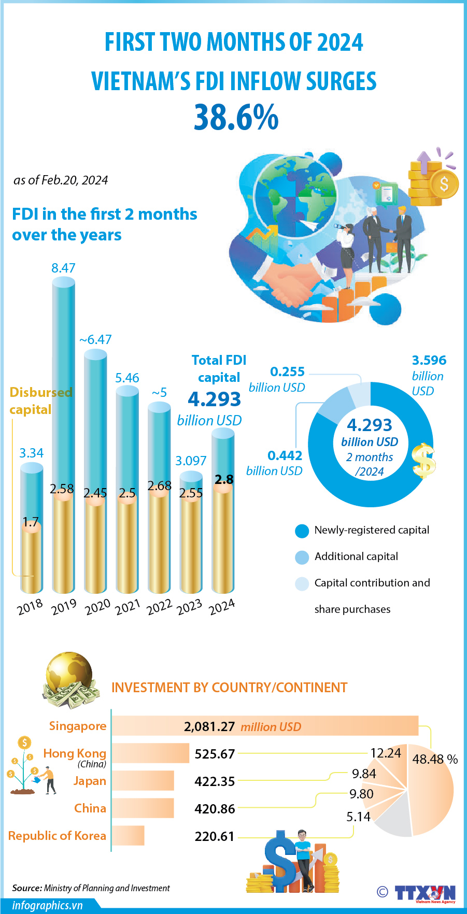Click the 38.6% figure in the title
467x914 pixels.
[236, 118]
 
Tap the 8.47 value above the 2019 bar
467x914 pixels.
[63, 268]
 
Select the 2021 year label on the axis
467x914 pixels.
[128, 607]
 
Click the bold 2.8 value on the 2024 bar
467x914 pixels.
[224, 479]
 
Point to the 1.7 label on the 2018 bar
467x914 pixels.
[31, 522]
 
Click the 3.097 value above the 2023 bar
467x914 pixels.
[191, 461]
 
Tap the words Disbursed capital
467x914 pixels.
[40, 401]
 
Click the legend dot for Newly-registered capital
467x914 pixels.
[302, 531]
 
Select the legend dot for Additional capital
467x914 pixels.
[302, 557]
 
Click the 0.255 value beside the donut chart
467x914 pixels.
[287, 372]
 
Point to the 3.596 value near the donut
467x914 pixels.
[429, 360]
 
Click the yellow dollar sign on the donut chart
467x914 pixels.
[423, 461]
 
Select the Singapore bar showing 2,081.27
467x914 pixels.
[264, 726]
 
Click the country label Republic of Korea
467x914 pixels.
[57, 836]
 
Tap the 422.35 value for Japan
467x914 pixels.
[215, 781]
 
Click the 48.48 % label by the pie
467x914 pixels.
[435, 759]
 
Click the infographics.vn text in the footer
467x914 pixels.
[48, 905]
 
